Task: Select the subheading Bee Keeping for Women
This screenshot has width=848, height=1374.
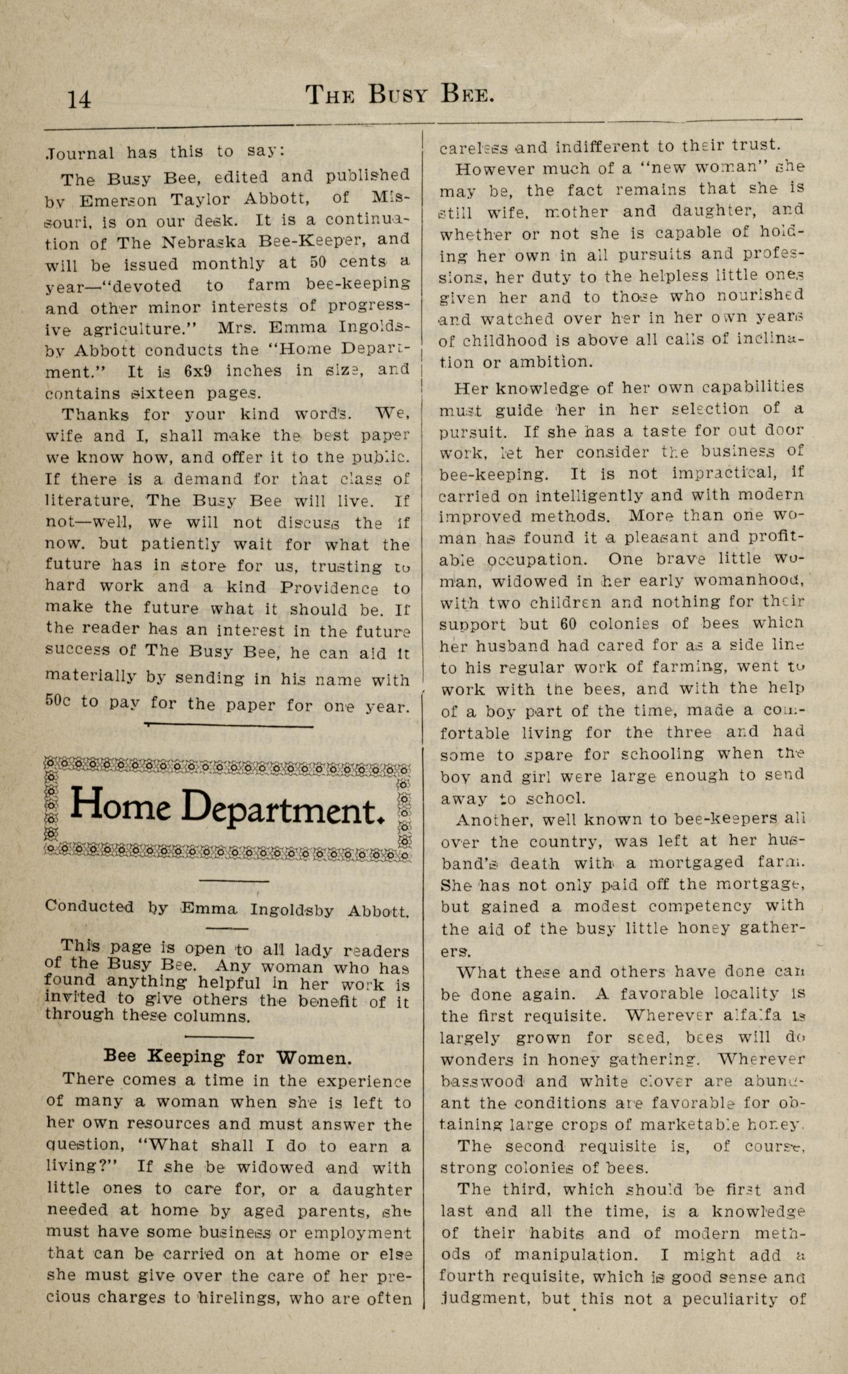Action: (x=228, y=1057)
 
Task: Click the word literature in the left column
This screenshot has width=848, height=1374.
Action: (x=89, y=501)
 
